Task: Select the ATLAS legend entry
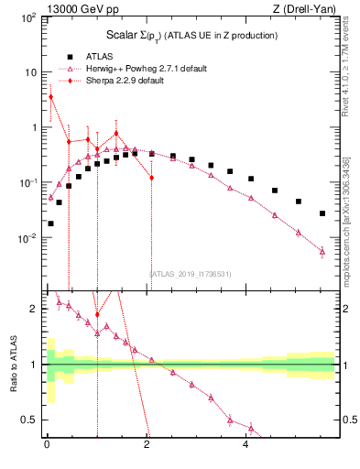point(101,56)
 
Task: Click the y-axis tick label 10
point(31,73)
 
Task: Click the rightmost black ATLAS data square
point(322,213)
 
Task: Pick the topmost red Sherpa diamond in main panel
point(50,96)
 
